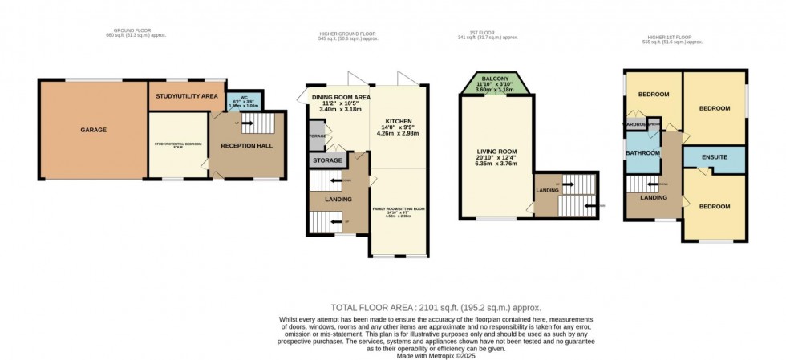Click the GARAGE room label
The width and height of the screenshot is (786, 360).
click(93, 130)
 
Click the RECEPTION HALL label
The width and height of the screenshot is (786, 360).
click(248, 145)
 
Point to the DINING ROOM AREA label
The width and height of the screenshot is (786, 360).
click(341, 97)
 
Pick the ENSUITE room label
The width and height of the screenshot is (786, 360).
click(715, 157)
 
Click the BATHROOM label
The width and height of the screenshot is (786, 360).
click(643, 152)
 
